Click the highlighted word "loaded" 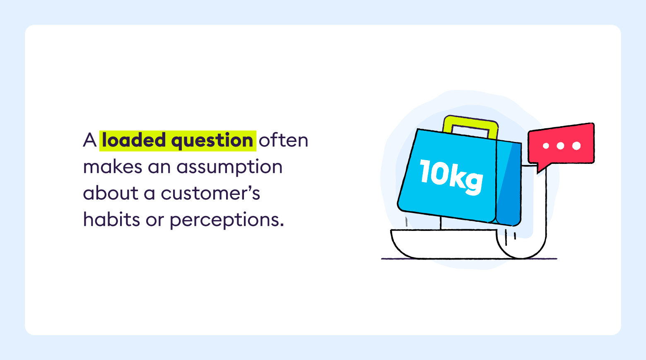click(134, 140)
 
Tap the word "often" click(284, 140)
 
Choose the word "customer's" click(210, 193)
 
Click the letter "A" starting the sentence click(89, 140)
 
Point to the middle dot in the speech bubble click(560, 146)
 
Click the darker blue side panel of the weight click(509, 182)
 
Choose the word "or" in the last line click(155, 220)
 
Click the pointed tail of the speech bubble click(541, 168)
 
